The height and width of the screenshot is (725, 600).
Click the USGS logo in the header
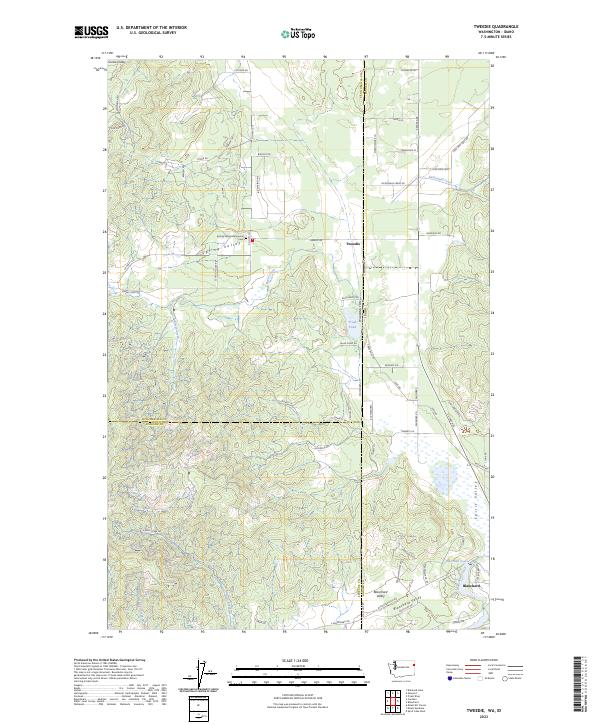(x=92, y=32)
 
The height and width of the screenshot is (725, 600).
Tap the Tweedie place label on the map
(x=352, y=241)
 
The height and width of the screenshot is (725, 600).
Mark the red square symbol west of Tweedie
(x=252, y=240)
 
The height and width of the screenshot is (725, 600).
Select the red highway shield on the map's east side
(x=464, y=430)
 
